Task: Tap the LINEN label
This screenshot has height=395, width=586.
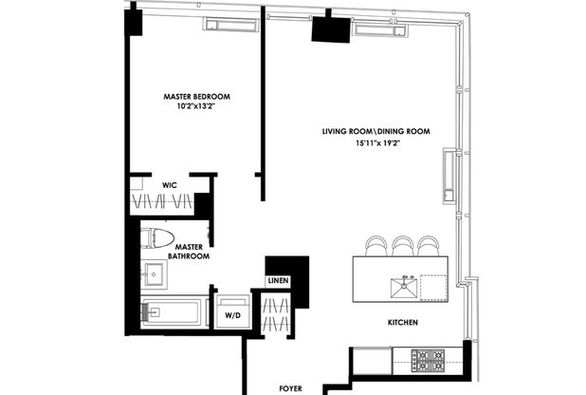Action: (278, 281)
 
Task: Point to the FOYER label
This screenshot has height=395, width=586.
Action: (290, 387)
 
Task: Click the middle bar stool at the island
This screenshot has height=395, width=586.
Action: (402, 246)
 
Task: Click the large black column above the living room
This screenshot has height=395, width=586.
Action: (331, 28)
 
